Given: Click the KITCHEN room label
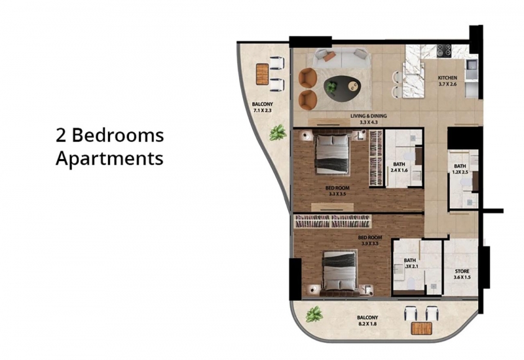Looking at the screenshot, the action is [447, 78].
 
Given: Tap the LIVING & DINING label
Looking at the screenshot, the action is [369, 117].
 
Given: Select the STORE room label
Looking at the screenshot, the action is [462, 272].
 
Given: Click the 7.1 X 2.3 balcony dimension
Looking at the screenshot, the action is [263, 110].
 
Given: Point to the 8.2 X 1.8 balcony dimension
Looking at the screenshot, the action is [367, 323].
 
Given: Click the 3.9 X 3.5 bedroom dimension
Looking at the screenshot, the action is [370, 243].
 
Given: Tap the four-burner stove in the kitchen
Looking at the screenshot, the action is [445, 50].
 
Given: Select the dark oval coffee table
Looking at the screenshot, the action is [342, 88].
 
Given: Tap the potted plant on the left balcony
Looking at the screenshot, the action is [278, 133].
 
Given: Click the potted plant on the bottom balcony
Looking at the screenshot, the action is [314, 314].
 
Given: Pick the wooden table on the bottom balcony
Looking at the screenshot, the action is [421, 329].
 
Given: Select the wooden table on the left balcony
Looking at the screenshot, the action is [263, 74].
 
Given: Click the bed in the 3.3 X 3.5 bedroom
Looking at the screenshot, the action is [333, 153].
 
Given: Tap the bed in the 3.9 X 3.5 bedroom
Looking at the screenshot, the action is [339, 272].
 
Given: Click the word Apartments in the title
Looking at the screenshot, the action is [109, 158].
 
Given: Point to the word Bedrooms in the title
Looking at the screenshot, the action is [118, 135].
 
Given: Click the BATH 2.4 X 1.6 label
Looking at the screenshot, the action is [399, 167].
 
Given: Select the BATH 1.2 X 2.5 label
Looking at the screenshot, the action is [460, 170].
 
